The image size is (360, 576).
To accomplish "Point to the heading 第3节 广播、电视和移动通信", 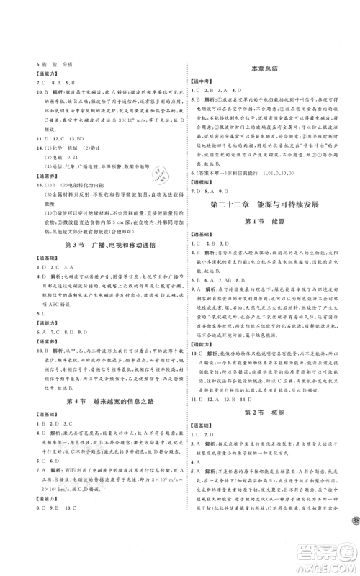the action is click(95, 246).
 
